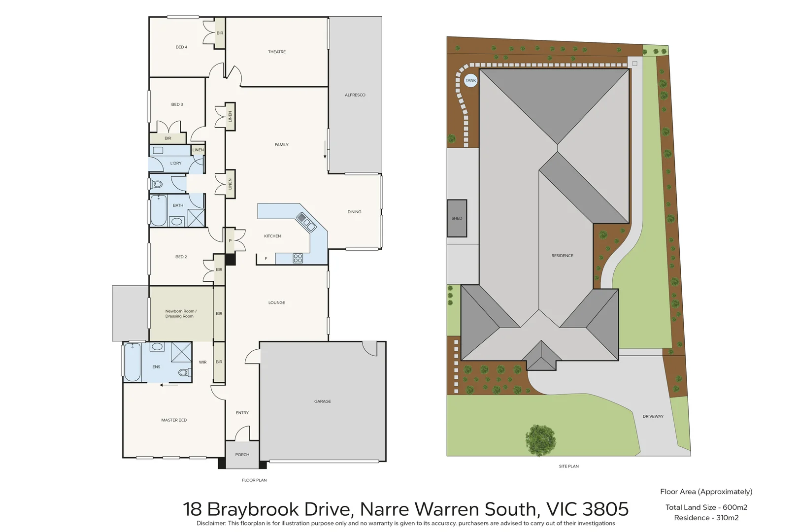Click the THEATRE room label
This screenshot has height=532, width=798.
click(x=276, y=52)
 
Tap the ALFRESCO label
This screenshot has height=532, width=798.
click(x=355, y=95)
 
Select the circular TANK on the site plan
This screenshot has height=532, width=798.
click(x=471, y=80)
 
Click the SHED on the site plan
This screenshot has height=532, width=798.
click(x=457, y=218)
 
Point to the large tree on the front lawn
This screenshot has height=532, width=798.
click(x=540, y=439)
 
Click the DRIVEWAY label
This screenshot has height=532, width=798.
click(x=653, y=416)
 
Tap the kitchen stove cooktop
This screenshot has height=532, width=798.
click(x=298, y=258)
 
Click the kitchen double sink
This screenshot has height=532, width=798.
click(x=306, y=222)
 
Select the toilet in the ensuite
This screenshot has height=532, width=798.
click(x=183, y=372)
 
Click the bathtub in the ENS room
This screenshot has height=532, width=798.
click(x=132, y=362)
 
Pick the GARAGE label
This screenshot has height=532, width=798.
click(x=322, y=401)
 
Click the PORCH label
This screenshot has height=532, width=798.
click(x=242, y=455)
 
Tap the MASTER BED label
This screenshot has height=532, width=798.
click(x=174, y=420)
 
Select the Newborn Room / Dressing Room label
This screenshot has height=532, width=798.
click(x=180, y=314)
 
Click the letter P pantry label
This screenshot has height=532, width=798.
click(x=230, y=241)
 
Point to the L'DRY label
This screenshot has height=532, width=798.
click(x=176, y=163)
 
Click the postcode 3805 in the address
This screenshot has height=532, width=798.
click(x=605, y=509)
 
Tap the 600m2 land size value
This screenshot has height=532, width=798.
click(x=734, y=507)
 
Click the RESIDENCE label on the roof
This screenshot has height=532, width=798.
click(x=562, y=256)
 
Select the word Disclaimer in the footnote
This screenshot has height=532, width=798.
click(x=210, y=523)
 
